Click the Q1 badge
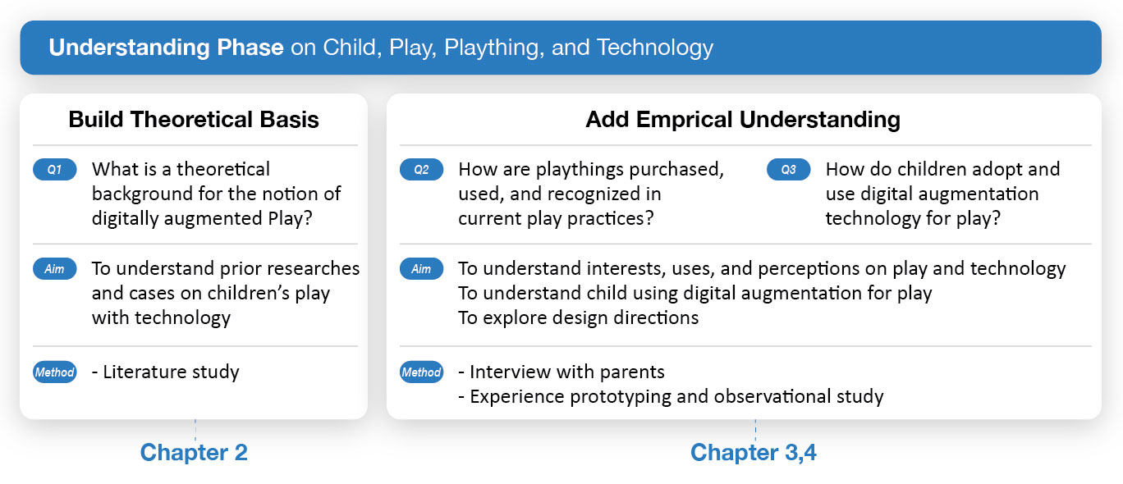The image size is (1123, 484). pos(55,169)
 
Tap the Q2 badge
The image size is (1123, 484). pos(422,169)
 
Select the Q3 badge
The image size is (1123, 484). pos(789,169)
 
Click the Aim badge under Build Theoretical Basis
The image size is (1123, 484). pos(55,268)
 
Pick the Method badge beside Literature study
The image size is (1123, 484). pos(55,372)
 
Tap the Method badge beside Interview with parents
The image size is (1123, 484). pos(422,372)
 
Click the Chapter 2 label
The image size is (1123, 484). pos(194,453)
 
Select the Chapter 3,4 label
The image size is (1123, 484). pos(754,453)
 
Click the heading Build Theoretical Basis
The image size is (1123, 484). pos(194,119)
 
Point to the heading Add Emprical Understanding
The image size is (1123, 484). pos(743,119)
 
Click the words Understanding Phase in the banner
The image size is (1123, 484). pos(167,48)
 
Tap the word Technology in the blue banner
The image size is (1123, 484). pos(655,48)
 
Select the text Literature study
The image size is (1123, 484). pos(171,372)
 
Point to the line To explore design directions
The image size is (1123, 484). pos(578,318)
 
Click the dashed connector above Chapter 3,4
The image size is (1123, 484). pos(755,431)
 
